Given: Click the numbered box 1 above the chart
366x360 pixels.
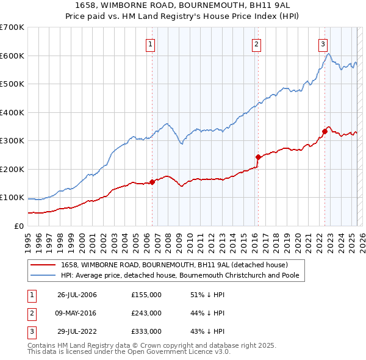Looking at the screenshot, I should click(x=150, y=43).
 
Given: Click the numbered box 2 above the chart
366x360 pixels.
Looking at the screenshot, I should click(x=257, y=43).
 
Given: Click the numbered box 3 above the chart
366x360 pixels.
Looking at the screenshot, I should click(x=323, y=43).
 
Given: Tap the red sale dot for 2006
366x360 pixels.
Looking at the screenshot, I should click(x=152, y=182).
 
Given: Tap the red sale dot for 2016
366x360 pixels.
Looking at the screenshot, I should click(x=258, y=157).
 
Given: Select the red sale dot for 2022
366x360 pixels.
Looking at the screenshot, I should click(x=325, y=131).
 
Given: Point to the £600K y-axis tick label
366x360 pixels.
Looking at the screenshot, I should click(x=12, y=56).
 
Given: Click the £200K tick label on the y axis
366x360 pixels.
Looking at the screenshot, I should click(x=12, y=169).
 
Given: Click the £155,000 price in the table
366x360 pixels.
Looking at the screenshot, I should click(x=146, y=295).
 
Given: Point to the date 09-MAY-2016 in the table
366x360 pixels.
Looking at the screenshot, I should click(x=77, y=313).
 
